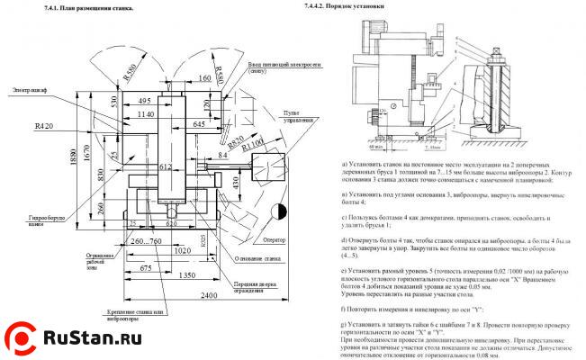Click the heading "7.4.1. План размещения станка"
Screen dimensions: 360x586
tap(89, 8)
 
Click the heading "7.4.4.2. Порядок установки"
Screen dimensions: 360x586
tap(340, 8)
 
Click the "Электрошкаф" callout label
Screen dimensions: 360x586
tap(33, 91)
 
